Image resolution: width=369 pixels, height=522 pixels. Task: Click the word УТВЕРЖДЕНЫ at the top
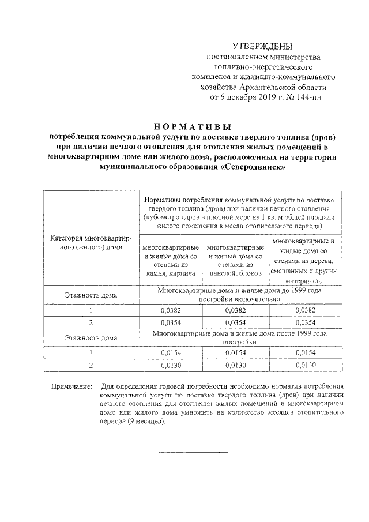262,46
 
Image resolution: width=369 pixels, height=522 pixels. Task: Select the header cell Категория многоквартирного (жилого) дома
91,242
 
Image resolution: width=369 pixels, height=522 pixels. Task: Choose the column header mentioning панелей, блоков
235,260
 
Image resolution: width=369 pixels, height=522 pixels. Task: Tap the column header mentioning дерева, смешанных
303,260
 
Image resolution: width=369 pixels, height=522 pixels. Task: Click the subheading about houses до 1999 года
239,295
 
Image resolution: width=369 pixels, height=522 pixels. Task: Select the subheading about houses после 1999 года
239,337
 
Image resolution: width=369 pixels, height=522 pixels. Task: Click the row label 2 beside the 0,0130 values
91,365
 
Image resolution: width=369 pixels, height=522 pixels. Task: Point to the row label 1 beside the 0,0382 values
91,310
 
